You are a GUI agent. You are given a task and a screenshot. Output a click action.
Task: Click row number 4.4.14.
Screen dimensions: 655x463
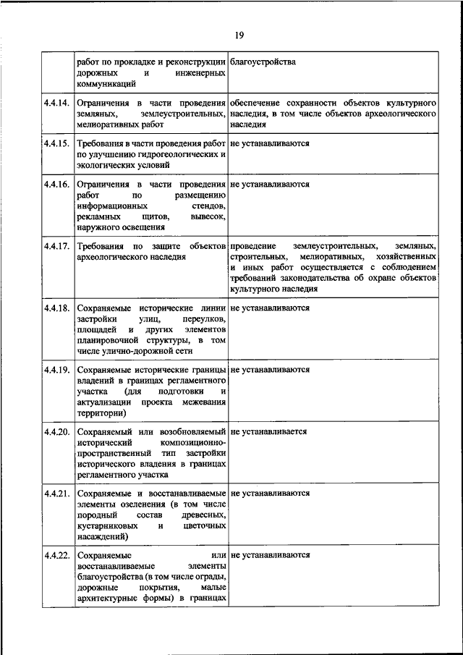56,103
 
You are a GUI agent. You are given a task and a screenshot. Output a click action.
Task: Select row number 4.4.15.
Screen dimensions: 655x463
56,143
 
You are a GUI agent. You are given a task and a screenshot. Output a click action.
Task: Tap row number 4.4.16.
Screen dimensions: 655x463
56,185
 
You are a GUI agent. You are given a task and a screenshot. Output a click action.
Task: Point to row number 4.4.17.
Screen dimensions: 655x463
56,247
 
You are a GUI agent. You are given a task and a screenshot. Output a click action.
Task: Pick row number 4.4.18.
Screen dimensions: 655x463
56,308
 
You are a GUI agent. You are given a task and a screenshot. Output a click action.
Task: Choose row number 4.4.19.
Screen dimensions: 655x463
56,370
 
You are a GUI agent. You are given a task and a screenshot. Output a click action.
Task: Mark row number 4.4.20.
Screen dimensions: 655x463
56,431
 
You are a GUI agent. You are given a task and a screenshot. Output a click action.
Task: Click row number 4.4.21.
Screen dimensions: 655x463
56,494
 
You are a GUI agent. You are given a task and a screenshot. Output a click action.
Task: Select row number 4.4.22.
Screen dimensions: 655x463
56,555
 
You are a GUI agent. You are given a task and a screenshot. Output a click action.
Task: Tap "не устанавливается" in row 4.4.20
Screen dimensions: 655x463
269,431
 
